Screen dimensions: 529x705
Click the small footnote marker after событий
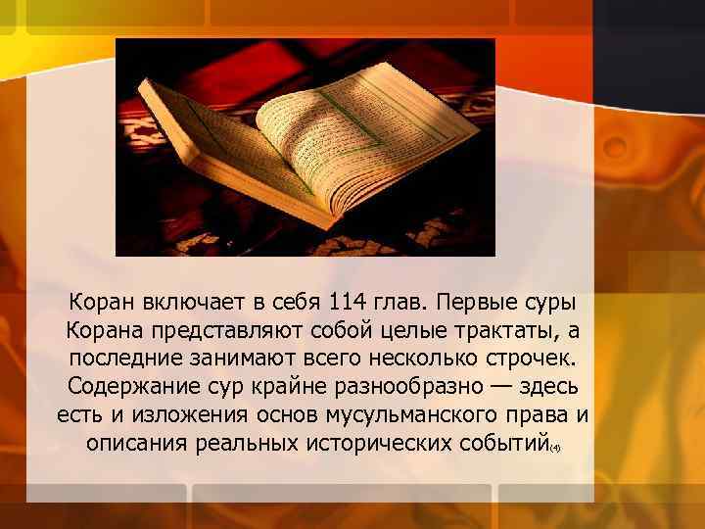pos(554,448)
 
